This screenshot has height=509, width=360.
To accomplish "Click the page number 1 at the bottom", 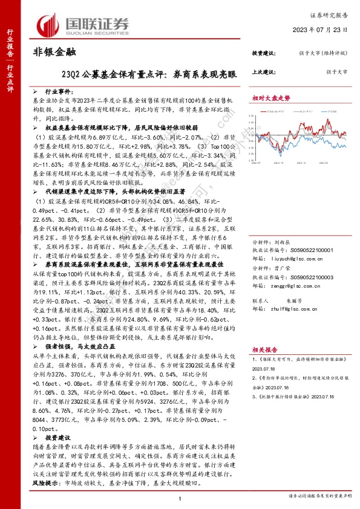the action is tap(180, 497).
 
